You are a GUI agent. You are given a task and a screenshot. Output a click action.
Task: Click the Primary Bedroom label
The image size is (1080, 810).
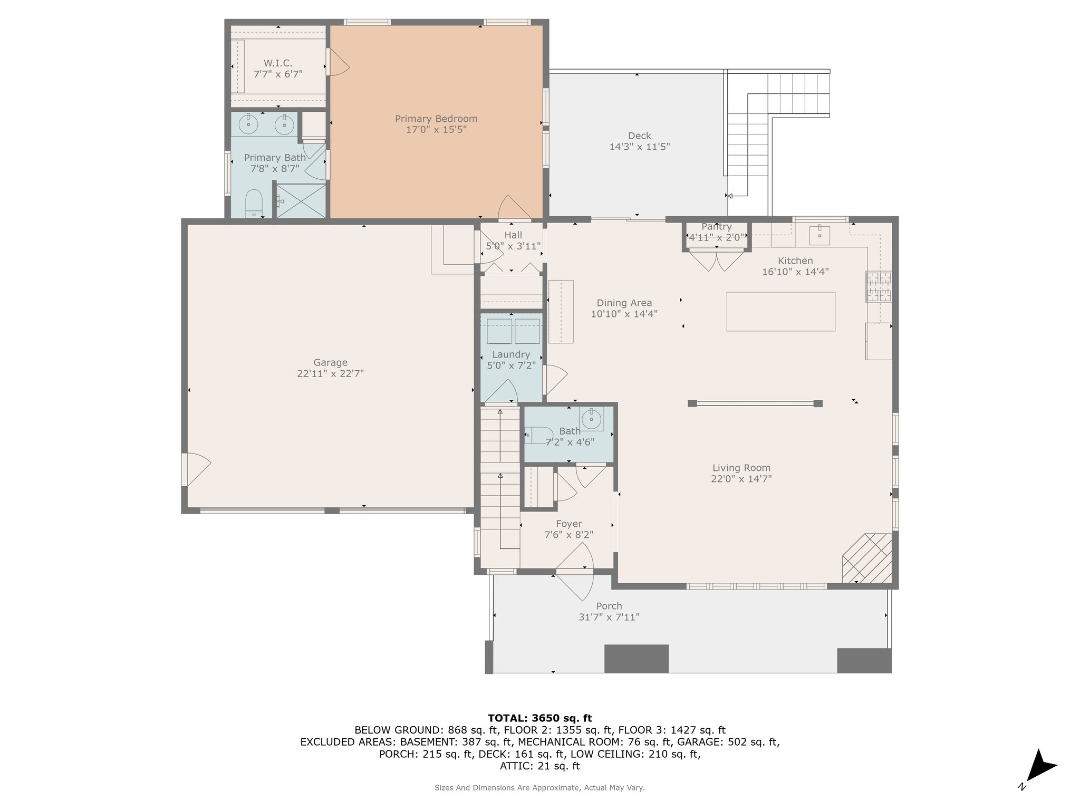(x=436, y=119)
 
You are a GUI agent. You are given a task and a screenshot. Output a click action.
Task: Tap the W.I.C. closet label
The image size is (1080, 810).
(x=278, y=63)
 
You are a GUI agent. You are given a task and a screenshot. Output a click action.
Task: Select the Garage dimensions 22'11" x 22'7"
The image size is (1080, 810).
(x=331, y=373)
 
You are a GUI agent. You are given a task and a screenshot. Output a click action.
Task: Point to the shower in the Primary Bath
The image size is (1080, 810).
(x=301, y=200)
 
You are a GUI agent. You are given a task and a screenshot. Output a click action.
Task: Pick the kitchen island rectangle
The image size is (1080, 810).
(x=780, y=311)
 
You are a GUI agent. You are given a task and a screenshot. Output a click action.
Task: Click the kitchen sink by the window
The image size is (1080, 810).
(x=819, y=236)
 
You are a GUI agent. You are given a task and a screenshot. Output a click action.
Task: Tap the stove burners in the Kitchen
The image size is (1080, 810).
(x=879, y=287)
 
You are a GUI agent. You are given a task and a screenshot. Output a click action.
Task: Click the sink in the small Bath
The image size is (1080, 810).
(x=591, y=420)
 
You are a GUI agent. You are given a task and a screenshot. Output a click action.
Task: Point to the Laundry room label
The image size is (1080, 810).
(x=511, y=354)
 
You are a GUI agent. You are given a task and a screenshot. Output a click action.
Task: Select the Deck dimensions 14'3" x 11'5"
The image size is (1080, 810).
(x=640, y=147)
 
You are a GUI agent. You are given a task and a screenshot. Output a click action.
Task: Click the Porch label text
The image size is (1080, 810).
(x=609, y=606)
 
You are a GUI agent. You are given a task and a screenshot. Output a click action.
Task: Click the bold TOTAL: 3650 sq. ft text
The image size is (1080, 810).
(x=540, y=718)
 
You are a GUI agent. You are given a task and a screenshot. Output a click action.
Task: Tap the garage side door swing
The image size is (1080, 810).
(x=197, y=469)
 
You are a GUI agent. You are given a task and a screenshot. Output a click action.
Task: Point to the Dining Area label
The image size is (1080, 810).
(x=624, y=303)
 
